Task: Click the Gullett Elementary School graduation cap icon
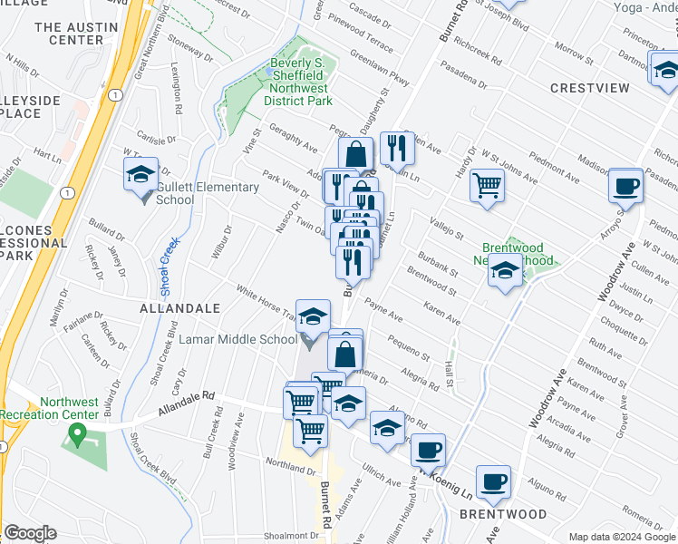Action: tap(141, 173)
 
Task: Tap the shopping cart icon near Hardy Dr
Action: tap(488, 185)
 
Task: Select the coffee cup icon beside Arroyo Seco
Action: tap(625, 186)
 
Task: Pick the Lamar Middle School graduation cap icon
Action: tap(314, 316)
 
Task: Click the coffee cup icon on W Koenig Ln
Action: tap(428, 450)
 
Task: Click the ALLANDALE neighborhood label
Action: tap(179, 309)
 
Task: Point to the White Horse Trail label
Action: tap(266, 304)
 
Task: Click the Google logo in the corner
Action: tap(30, 533)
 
